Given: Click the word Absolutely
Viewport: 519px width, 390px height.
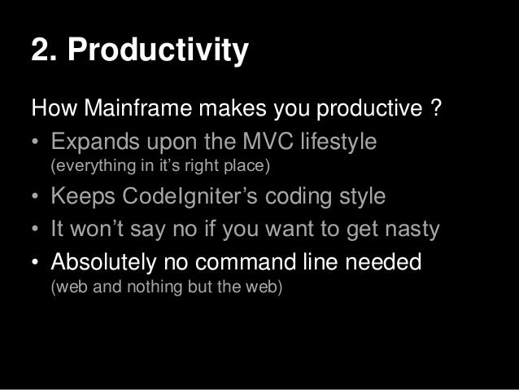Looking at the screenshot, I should [108, 263].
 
